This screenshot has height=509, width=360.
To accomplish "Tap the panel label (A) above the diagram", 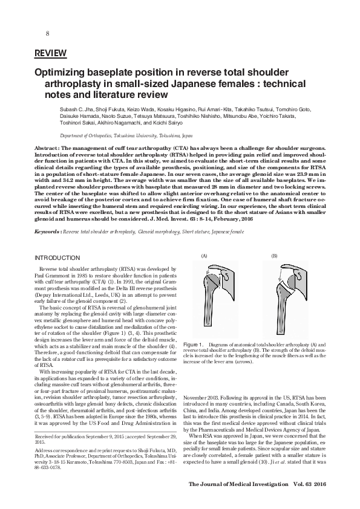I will coord(204,256).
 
